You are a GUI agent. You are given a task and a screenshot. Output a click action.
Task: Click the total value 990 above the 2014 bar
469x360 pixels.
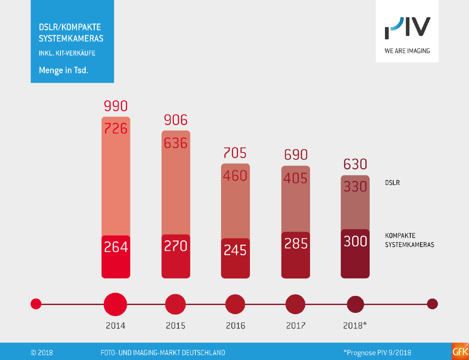(115, 107)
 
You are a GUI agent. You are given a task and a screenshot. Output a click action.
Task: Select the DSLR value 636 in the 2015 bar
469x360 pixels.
(176, 143)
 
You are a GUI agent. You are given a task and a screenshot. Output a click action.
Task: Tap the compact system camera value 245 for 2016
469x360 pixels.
(235, 250)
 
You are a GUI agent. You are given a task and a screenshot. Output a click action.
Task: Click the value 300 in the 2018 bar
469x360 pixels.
(355, 241)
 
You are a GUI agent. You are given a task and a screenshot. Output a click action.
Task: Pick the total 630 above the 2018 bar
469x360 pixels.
(355, 164)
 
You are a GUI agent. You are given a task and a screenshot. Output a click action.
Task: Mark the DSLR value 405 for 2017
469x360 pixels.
(296, 178)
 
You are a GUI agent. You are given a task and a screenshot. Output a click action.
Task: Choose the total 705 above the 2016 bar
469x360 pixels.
(235, 153)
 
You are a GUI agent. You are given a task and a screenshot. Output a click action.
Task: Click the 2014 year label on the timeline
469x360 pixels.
(115, 326)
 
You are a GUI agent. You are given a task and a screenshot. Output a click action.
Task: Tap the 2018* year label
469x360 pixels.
(355, 326)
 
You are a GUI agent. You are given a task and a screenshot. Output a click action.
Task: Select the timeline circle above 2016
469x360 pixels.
(236, 305)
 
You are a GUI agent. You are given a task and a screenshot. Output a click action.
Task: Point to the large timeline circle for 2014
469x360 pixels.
(115, 305)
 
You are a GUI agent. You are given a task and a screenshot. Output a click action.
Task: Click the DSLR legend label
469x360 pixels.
(392, 182)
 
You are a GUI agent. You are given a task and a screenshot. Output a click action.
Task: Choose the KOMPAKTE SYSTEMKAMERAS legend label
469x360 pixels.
(409, 240)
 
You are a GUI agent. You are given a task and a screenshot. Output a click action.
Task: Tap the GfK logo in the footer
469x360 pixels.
(460, 352)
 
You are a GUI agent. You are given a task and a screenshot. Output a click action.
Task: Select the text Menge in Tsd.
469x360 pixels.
(63, 70)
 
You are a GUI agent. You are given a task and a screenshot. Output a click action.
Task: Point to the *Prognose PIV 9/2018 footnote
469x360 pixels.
(377, 353)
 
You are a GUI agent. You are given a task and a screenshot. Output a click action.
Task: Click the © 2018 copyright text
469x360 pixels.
(42, 353)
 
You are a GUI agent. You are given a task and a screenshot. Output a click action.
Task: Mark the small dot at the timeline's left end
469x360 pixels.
(36, 304)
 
